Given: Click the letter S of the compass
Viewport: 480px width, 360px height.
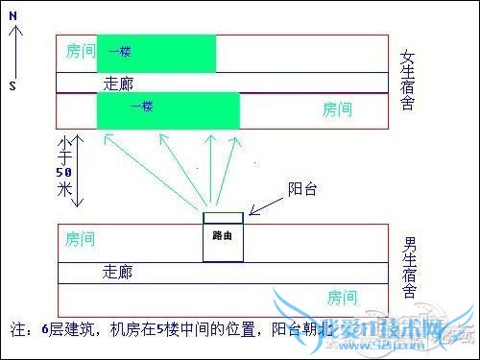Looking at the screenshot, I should (12, 85).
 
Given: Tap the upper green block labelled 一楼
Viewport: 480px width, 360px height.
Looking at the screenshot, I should (156, 53).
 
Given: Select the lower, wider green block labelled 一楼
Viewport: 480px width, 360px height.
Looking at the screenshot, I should (168, 109).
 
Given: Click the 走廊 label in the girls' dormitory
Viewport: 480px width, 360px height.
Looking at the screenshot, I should (118, 84).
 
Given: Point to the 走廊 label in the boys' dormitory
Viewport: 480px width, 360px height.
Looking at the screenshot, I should (118, 273).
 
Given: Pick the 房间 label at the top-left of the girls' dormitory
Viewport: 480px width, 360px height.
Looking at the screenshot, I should (81, 50).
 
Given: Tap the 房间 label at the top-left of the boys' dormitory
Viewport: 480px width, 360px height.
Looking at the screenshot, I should (81, 237).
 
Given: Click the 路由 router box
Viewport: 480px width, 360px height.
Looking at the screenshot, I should (222, 236).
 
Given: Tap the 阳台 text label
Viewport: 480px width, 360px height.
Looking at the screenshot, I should (303, 190).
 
